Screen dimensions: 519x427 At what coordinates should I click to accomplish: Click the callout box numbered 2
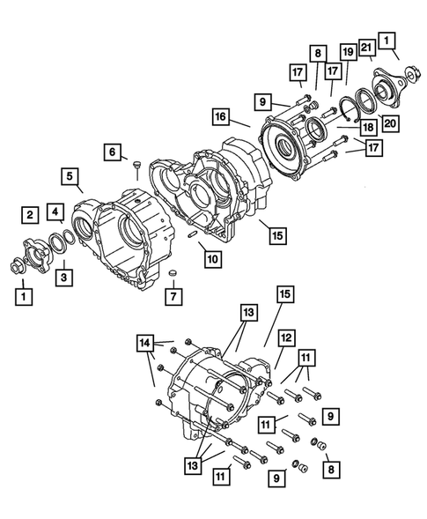(x=30, y=213)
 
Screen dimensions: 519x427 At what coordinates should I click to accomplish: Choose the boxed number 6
(x=113, y=152)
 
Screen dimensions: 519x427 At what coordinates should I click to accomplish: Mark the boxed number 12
(x=287, y=338)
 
